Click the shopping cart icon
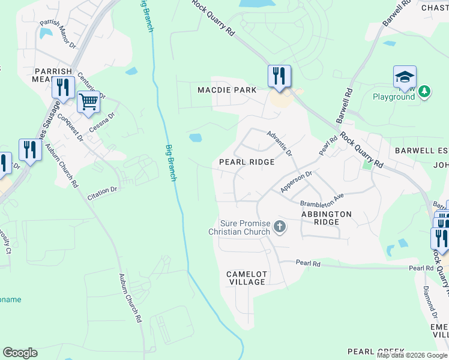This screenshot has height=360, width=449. point(88,102)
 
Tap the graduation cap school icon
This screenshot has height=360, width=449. point(405,77)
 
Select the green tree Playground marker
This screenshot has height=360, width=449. point(425,91)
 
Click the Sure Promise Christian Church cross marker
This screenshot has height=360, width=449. point(279,227)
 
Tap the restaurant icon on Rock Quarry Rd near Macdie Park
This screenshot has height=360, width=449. point(279,76)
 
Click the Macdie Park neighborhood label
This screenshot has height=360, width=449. point(227,90)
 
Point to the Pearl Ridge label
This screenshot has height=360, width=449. point(247,162)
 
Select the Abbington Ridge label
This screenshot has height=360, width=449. point(326,218)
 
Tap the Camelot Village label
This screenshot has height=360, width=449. point(246,278)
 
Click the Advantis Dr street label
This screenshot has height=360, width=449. point(279,144)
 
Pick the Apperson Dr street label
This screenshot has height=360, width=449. point(297,182)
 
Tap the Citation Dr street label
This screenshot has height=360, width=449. point(102,191)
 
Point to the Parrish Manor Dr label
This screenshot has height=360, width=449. point(58,34)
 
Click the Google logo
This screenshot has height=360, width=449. point(20,353)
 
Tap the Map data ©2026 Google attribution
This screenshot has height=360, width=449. point(412,355)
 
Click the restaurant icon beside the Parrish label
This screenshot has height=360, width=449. point(62,87)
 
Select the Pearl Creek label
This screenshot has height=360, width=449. point(376,352)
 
